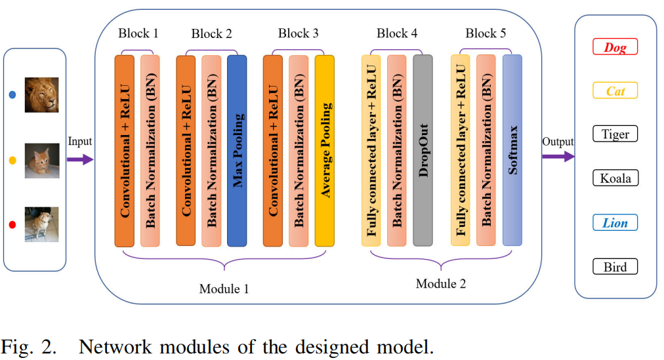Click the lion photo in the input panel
[x=41, y=95]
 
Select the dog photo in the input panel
[x=41, y=225]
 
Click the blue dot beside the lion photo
[x=12, y=94]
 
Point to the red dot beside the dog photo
[x=12, y=226]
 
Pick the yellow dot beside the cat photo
[x=12, y=160]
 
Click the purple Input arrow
[x=80, y=157]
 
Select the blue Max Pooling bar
[x=237, y=151]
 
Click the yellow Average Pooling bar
[x=324, y=151]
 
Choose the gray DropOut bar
[x=423, y=151]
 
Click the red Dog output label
[x=615, y=47]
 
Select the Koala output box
[x=615, y=178]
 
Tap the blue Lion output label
[x=615, y=223]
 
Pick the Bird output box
[x=615, y=267]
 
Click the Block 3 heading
[x=298, y=33]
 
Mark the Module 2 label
[x=441, y=283]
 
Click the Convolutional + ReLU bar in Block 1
[x=124, y=151]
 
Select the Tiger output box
[x=615, y=134]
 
